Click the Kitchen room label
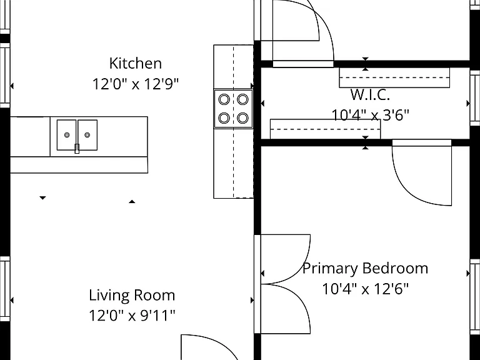[x=135, y=63]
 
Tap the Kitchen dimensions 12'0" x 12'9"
[x=135, y=84]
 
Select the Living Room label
[x=132, y=296]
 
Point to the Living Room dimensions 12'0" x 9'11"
[x=132, y=315]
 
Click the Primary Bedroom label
[x=365, y=269]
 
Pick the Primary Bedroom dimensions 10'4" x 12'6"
[x=365, y=288]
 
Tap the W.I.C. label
[x=370, y=94]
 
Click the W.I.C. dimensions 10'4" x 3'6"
[x=370, y=115]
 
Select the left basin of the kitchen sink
[x=66, y=135]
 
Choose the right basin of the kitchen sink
[x=87, y=135]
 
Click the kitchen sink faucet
[x=77, y=149]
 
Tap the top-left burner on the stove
[x=224, y=99]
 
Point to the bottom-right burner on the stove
[x=242, y=118]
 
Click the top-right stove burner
[x=242, y=99]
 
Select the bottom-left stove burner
[x=224, y=118]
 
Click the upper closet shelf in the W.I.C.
[x=394, y=77]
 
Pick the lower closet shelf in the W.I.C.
[x=326, y=129]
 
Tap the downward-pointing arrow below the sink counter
[x=43, y=197]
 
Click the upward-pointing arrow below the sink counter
[x=132, y=201]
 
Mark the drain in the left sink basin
[x=67, y=135]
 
